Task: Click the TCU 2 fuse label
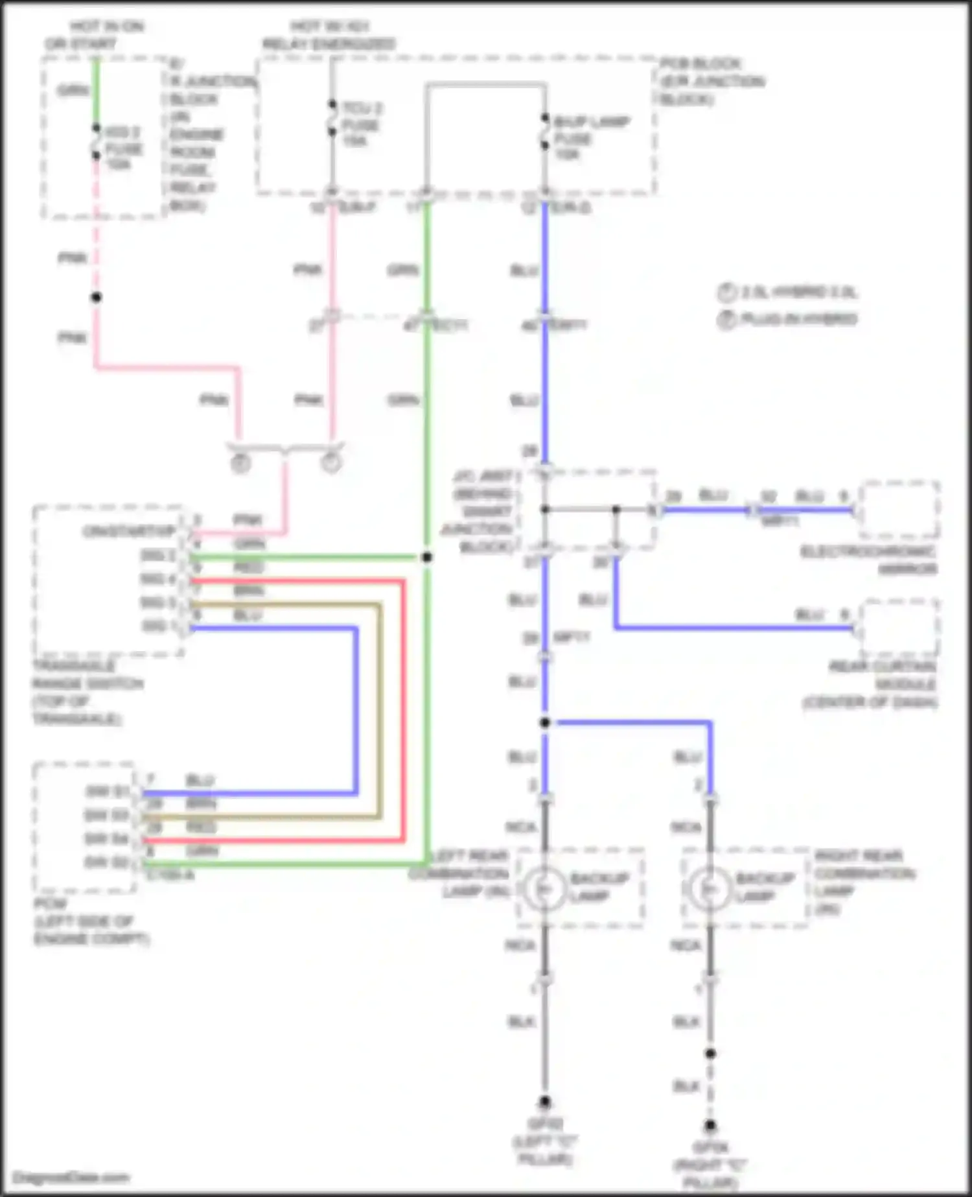click(362, 124)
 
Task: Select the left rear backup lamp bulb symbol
click(544, 889)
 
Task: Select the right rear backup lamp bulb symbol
click(710, 889)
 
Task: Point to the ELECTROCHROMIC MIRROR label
click(868, 560)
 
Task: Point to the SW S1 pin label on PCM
click(108, 792)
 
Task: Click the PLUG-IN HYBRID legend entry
click(797, 319)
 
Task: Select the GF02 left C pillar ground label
click(546, 1141)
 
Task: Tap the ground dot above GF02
click(545, 1102)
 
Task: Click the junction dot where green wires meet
click(426, 557)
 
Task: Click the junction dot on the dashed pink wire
click(96, 297)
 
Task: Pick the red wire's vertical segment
click(403, 710)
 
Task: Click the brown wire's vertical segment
click(380, 710)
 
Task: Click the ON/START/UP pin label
click(129, 532)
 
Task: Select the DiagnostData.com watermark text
click(71, 1178)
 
